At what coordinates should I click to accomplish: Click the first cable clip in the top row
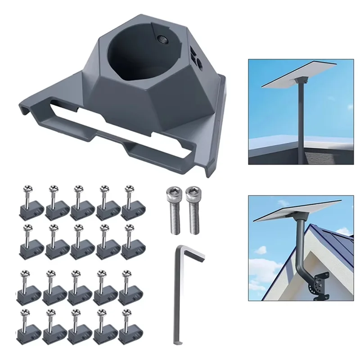click(x=30, y=202)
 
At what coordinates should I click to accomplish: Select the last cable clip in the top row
click(x=131, y=202)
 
